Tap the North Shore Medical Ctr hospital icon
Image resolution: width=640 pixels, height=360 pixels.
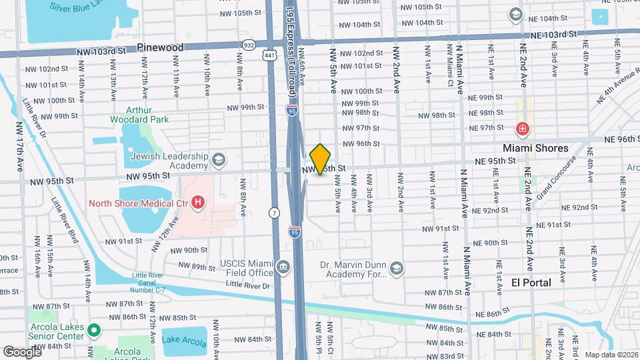pos(197,201)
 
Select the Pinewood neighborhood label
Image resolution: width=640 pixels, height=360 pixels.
pos(160,47)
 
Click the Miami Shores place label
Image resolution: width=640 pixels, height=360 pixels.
pos(535,148)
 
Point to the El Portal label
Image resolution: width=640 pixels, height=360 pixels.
pos(531,283)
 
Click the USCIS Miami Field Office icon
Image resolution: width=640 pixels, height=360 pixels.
pos(283,268)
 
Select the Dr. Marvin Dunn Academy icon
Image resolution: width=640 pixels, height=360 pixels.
pos(397,268)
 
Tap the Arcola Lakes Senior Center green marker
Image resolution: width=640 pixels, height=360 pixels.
pos(94,329)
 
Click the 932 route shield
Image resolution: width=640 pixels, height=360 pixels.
pos(249,45)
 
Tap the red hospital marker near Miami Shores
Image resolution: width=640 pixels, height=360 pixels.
pos(522,129)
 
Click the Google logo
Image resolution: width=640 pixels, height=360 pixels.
pos(22,351)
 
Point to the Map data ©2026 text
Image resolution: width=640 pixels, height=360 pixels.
pos(611,355)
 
